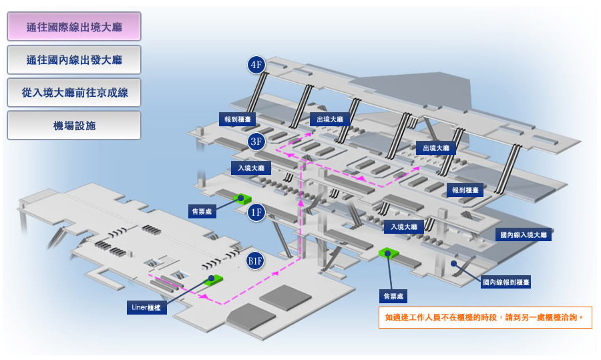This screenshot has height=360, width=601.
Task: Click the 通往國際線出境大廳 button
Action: pyautogui.click(x=74, y=27)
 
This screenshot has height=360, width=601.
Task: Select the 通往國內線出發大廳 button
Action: pyautogui.click(x=74, y=60)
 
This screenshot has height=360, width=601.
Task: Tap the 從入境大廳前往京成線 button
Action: pyautogui.click(x=74, y=92)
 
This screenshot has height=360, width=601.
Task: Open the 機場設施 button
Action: pyautogui.click(x=74, y=126)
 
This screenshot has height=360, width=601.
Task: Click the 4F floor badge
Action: pyautogui.click(x=256, y=64)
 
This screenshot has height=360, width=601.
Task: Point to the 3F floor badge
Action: pyautogui.click(x=256, y=142)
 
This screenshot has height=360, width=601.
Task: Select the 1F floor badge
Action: pyautogui.click(x=256, y=212)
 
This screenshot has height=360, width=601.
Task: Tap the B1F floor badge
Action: pyautogui.click(x=255, y=261)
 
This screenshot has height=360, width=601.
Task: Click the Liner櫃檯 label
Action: pyautogui.click(x=146, y=307)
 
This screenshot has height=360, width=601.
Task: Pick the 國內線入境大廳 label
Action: pyautogui.click(x=523, y=234)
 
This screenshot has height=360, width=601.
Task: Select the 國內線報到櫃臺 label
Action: pyautogui.click(x=506, y=282)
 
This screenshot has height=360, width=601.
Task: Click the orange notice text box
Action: pyautogui.click(x=485, y=317)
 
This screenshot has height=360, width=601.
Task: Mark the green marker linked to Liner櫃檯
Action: pyautogui.click(x=213, y=279)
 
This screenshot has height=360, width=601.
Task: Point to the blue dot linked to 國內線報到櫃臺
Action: pyautogui.click(x=453, y=263)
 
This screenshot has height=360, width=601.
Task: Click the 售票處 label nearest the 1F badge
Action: pyautogui.click(x=202, y=211)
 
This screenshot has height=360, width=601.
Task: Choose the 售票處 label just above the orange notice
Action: pyautogui.click(x=393, y=296)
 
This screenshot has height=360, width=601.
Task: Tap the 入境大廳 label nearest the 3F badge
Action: pyautogui.click(x=251, y=168)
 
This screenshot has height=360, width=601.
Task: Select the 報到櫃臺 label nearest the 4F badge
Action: pyautogui.click(x=238, y=120)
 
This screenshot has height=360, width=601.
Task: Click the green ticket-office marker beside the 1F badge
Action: pyautogui.click(x=242, y=198)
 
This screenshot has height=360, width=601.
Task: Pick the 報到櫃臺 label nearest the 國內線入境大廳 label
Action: pyautogui.click(x=465, y=190)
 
